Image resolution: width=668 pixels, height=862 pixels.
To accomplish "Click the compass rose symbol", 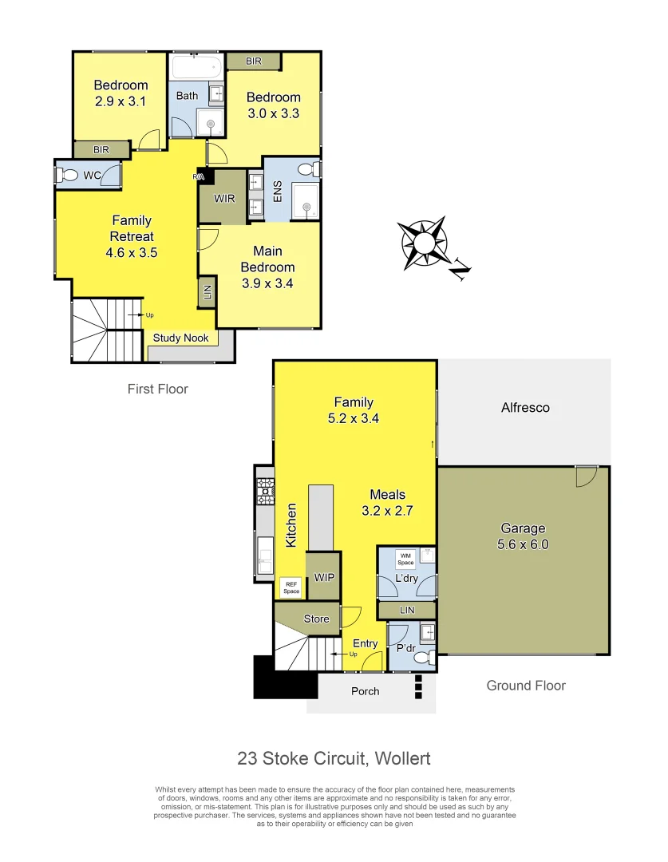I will [x=423, y=243].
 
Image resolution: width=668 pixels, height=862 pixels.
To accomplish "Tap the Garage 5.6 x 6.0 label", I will [x=523, y=536].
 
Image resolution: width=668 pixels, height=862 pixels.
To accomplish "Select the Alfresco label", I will [x=524, y=407].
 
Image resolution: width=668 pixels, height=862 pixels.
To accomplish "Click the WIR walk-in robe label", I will [x=224, y=198].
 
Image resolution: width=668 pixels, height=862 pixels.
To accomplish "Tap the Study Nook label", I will [x=180, y=338].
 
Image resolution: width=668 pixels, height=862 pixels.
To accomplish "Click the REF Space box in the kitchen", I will [x=291, y=587].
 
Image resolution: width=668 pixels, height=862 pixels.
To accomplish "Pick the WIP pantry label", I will [x=324, y=576].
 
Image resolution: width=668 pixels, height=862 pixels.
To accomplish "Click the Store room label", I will [x=316, y=619].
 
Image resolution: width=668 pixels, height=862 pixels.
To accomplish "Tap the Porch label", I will [x=366, y=690].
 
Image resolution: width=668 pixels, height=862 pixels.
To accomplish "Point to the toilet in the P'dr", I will [x=429, y=658].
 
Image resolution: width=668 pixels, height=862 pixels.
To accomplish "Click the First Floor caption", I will [x=157, y=389].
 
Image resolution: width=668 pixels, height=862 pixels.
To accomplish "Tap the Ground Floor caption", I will [x=525, y=685].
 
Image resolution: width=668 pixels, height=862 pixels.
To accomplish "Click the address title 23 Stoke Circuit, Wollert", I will [x=334, y=757].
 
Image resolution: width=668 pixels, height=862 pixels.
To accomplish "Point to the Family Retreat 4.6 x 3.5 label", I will [x=132, y=236].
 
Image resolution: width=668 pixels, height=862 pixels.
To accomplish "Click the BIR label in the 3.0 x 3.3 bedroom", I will [x=253, y=61].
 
